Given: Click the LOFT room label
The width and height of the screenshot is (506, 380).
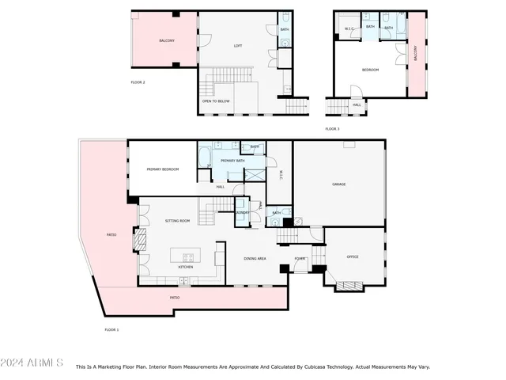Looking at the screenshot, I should click(238, 45).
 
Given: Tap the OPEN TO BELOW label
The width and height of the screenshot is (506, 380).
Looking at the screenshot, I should click(216, 101).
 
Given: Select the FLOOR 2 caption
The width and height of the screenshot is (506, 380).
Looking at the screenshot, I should click(138, 82).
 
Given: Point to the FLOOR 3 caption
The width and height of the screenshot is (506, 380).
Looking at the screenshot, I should click(332, 128).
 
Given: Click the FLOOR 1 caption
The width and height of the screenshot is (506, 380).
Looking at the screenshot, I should click(111, 329).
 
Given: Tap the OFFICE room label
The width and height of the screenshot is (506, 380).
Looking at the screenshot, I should click(353, 256).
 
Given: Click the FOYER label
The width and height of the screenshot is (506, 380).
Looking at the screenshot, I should click(300, 258).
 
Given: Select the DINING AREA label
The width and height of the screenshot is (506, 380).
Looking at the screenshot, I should click(255, 259).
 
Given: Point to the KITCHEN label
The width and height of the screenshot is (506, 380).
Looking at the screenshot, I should click(186, 267).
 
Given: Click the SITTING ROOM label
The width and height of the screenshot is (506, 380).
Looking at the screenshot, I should click(178, 221).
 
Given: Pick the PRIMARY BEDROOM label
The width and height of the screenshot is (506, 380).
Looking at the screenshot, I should click(162, 169).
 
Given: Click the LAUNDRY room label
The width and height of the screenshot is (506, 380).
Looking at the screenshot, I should click(243, 212).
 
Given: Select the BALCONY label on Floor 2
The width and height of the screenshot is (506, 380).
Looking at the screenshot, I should click(167, 40).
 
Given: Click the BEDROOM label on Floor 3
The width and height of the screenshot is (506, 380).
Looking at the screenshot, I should click(370, 70).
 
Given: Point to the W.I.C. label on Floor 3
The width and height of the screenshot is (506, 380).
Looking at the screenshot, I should click(349, 29).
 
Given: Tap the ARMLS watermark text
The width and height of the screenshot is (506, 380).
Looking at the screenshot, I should click(32, 363).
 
